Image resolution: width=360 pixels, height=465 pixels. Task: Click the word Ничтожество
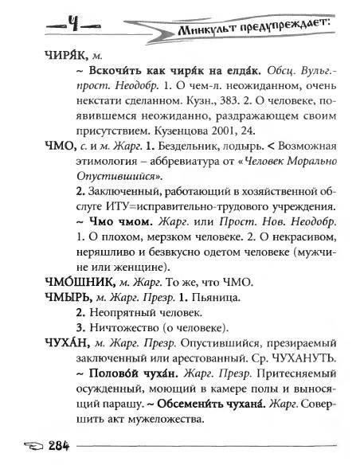(122, 328)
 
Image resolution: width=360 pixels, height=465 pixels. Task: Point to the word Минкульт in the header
(207, 29)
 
